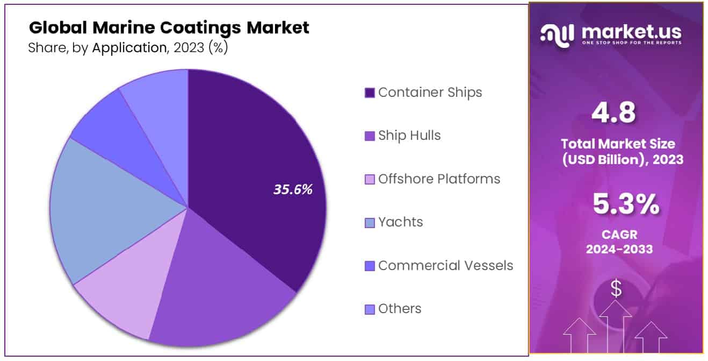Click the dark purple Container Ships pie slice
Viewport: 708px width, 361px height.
252,161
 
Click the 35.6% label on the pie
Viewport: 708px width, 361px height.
293,189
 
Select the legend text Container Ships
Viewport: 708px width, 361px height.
430,93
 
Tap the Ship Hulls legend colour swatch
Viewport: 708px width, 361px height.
370,136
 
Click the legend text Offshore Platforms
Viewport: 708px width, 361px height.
439,179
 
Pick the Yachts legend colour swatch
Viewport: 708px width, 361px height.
370,223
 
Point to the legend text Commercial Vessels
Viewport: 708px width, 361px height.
445,266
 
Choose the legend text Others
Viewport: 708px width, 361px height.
400,309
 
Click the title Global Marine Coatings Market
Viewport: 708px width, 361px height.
169,27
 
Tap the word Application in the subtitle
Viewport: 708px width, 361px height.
129,48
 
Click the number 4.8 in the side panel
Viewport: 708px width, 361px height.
613,114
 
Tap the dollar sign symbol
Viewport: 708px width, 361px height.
616,289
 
